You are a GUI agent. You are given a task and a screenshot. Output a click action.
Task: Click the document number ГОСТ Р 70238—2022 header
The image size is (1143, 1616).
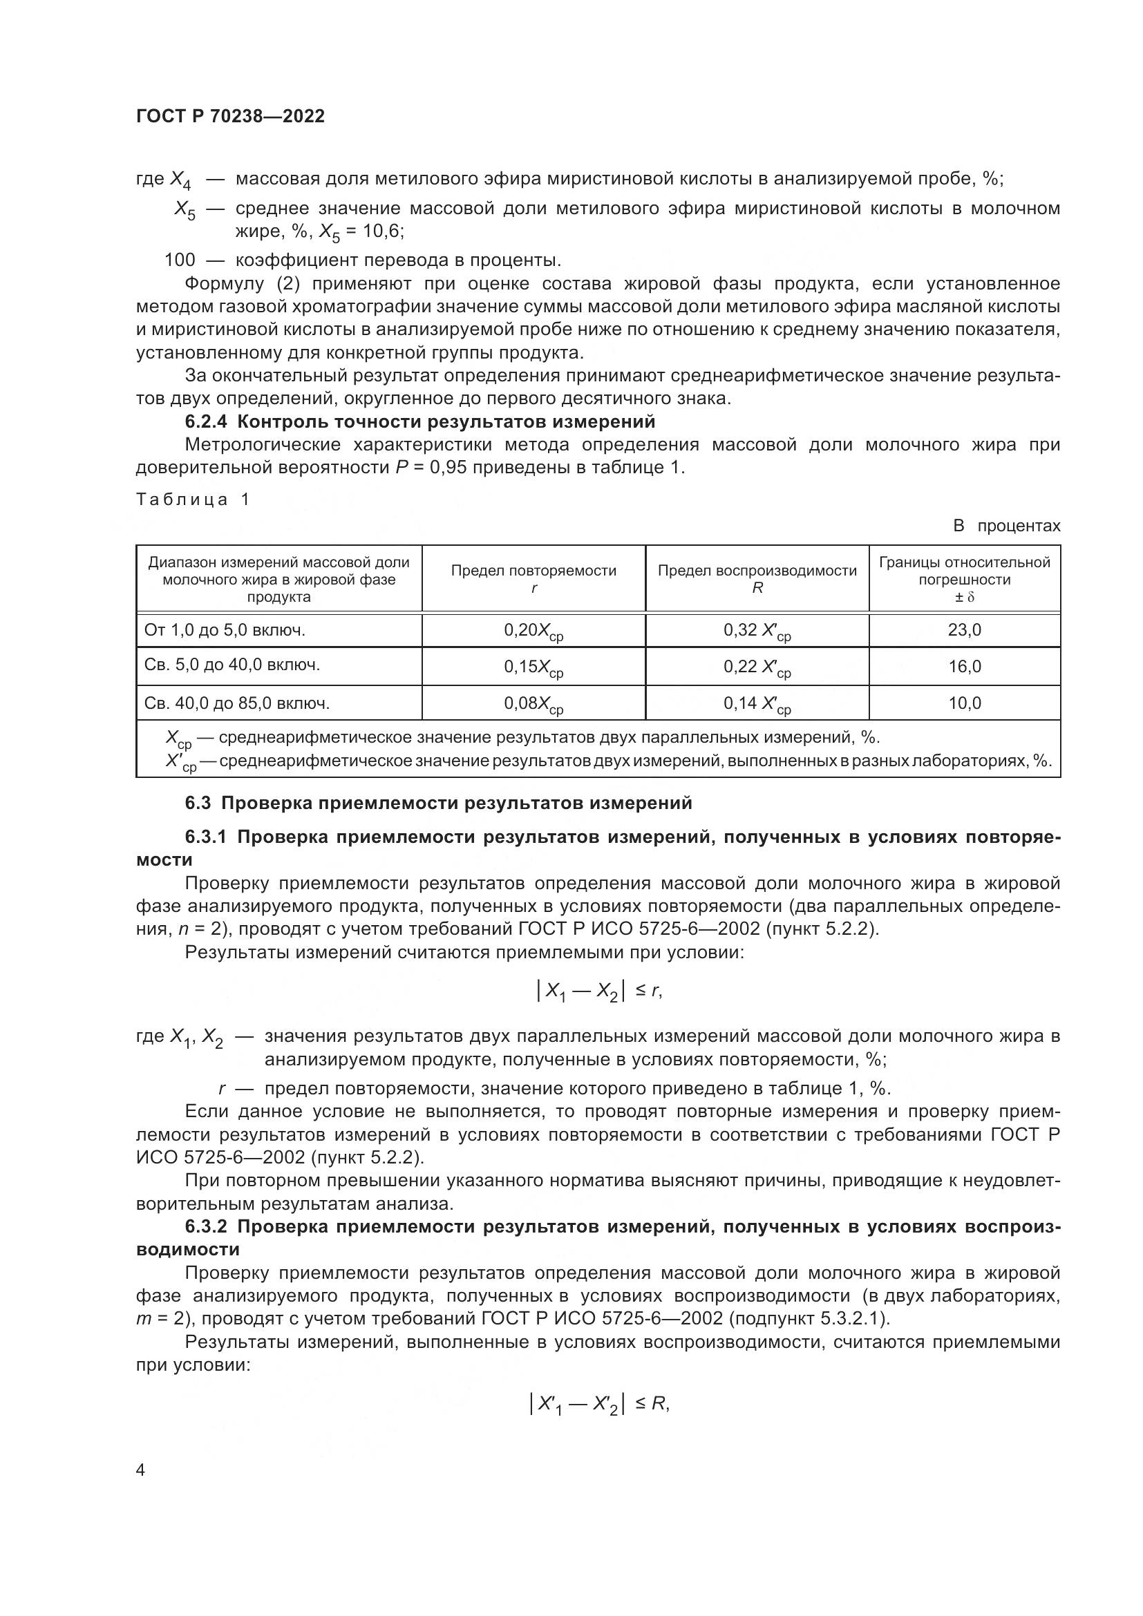[230, 117]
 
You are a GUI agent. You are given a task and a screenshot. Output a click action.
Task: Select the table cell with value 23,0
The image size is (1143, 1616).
[963, 630]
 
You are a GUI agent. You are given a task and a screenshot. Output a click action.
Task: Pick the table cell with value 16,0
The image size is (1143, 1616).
[963, 667]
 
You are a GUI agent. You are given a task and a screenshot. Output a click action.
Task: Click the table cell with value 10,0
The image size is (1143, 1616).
[963, 703]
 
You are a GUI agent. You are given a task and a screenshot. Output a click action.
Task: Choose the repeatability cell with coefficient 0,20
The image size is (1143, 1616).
[533, 631]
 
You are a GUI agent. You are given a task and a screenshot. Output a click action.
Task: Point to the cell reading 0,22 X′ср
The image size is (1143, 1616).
[757, 668]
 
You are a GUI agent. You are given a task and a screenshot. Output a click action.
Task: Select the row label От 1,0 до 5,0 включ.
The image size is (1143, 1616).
[225, 630]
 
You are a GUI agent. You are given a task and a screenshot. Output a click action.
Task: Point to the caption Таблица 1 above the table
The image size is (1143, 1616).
[192, 500]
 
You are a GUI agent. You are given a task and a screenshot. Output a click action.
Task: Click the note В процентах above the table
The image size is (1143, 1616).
[1005, 526]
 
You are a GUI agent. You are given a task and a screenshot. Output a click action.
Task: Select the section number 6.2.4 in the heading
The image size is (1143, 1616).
[206, 421]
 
